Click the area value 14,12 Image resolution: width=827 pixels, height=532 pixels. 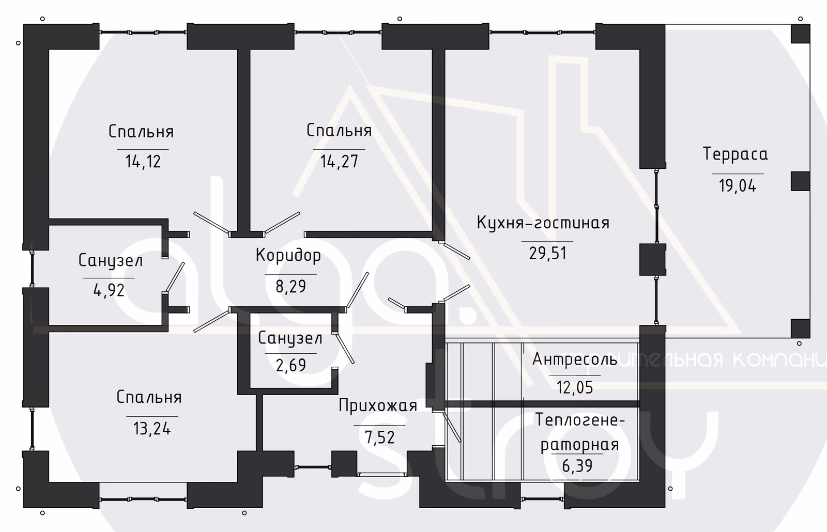[143, 162]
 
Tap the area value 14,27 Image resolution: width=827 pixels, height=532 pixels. [339, 161]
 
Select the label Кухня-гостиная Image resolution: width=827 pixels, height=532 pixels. [543, 223]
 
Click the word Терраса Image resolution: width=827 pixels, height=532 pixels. [735, 154]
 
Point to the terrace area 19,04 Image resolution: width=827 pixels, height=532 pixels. [737, 185]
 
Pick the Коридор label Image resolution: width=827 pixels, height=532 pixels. [288, 256]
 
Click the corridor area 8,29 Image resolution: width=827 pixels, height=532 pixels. [291, 286]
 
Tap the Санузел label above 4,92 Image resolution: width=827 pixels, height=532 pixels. [111, 261]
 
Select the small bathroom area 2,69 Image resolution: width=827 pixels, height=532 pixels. [291, 365]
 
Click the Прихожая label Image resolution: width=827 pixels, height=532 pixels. [378, 406]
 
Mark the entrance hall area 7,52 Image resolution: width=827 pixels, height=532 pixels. [379, 437]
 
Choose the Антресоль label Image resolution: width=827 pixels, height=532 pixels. [575, 359]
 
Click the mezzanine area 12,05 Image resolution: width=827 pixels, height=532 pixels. [574, 387]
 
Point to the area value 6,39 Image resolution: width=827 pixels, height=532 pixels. [577, 466]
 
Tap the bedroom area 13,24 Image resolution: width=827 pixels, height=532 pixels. [152, 429]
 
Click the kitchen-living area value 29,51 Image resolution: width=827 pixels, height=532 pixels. [547, 254]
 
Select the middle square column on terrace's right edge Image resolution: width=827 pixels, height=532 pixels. [801, 181]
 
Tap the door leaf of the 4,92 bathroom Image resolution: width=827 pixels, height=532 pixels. [175, 277]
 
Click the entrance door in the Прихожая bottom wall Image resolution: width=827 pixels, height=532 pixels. [382, 475]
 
